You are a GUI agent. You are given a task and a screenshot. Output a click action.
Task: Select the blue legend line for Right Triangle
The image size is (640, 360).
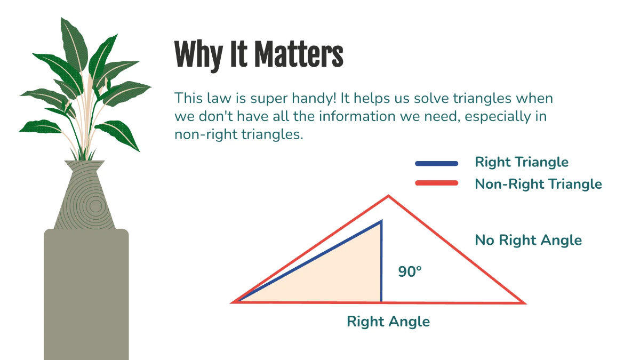[x=436, y=163]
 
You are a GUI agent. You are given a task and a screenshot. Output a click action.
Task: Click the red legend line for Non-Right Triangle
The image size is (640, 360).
[x=436, y=183]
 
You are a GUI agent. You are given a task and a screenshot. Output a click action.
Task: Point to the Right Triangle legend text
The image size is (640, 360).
[x=522, y=163]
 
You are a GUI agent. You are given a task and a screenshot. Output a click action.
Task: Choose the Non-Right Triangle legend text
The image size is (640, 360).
[x=538, y=184]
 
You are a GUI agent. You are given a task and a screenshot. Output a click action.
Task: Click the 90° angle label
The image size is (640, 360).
[x=410, y=271]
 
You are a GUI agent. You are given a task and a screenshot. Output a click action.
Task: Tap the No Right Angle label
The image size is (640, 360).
[x=528, y=240]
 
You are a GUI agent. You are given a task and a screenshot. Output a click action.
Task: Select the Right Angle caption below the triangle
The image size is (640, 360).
[x=388, y=322]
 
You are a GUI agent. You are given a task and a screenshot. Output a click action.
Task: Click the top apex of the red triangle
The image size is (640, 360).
[x=388, y=197]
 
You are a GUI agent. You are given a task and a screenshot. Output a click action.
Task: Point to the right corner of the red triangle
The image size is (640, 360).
[x=524, y=302]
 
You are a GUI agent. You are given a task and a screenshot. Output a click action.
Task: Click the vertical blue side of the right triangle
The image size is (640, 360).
[x=381, y=261]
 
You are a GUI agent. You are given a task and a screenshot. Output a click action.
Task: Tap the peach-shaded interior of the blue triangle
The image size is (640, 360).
[x=341, y=277]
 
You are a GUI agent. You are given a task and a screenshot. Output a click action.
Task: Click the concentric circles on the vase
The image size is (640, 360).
[x=95, y=205]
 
